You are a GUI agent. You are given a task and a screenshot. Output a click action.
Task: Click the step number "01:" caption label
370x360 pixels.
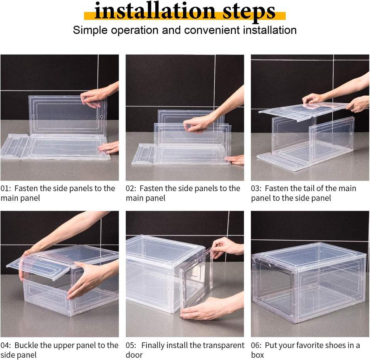[x=6, y=188]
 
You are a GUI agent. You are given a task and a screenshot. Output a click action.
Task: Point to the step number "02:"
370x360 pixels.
[x=131, y=188]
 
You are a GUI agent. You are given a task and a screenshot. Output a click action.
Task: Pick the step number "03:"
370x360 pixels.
[x=256, y=188]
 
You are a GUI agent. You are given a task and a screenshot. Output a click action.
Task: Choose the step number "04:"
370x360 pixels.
[x=6, y=345]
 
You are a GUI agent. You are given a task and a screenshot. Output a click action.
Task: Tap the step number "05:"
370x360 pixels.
[x=131, y=345]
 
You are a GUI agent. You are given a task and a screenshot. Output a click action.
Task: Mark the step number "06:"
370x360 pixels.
[x=256, y=345]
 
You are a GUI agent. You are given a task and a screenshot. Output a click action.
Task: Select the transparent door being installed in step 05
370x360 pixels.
[x=196, y=282]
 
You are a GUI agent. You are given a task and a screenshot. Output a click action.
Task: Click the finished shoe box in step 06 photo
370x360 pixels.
[x=309, y=283]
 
